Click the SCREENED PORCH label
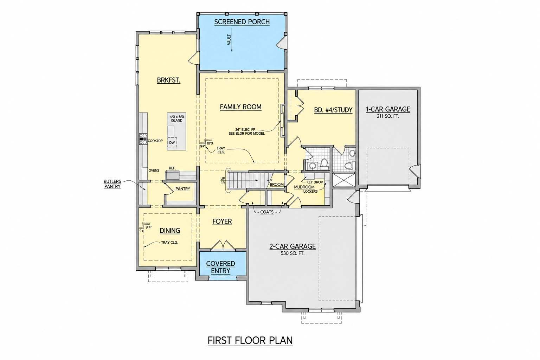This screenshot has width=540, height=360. [x=242, y=22]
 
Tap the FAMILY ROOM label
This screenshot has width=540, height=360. [x=240, y=107]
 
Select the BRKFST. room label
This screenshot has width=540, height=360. [x=168, y=80]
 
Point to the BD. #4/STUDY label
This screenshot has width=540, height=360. [x=333, y=110]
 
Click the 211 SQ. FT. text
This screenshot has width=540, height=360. [x=388, y=116]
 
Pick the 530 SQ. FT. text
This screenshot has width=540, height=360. [x=292, y=253]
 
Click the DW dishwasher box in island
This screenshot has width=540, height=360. [x=172, y=142]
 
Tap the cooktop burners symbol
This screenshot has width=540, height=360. [x=143, y=139]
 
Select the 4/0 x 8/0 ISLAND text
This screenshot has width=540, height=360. [x=177, y=118]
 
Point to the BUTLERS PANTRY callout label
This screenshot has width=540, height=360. [x=112, y=184]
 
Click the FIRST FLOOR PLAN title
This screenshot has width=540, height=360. [x=250, y=340]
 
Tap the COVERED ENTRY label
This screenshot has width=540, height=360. [x=220, y=267]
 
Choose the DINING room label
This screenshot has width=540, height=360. [x=170, y=231]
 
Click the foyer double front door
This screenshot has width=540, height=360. [x=224, y=245]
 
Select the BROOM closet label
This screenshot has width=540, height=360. [x=277, y=185]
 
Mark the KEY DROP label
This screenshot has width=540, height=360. [x=314, y=182]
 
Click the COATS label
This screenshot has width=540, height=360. [x=267, y=212]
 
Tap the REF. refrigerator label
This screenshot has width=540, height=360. [x=172, y=168]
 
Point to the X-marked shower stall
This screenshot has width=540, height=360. [x=344, y=180]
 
